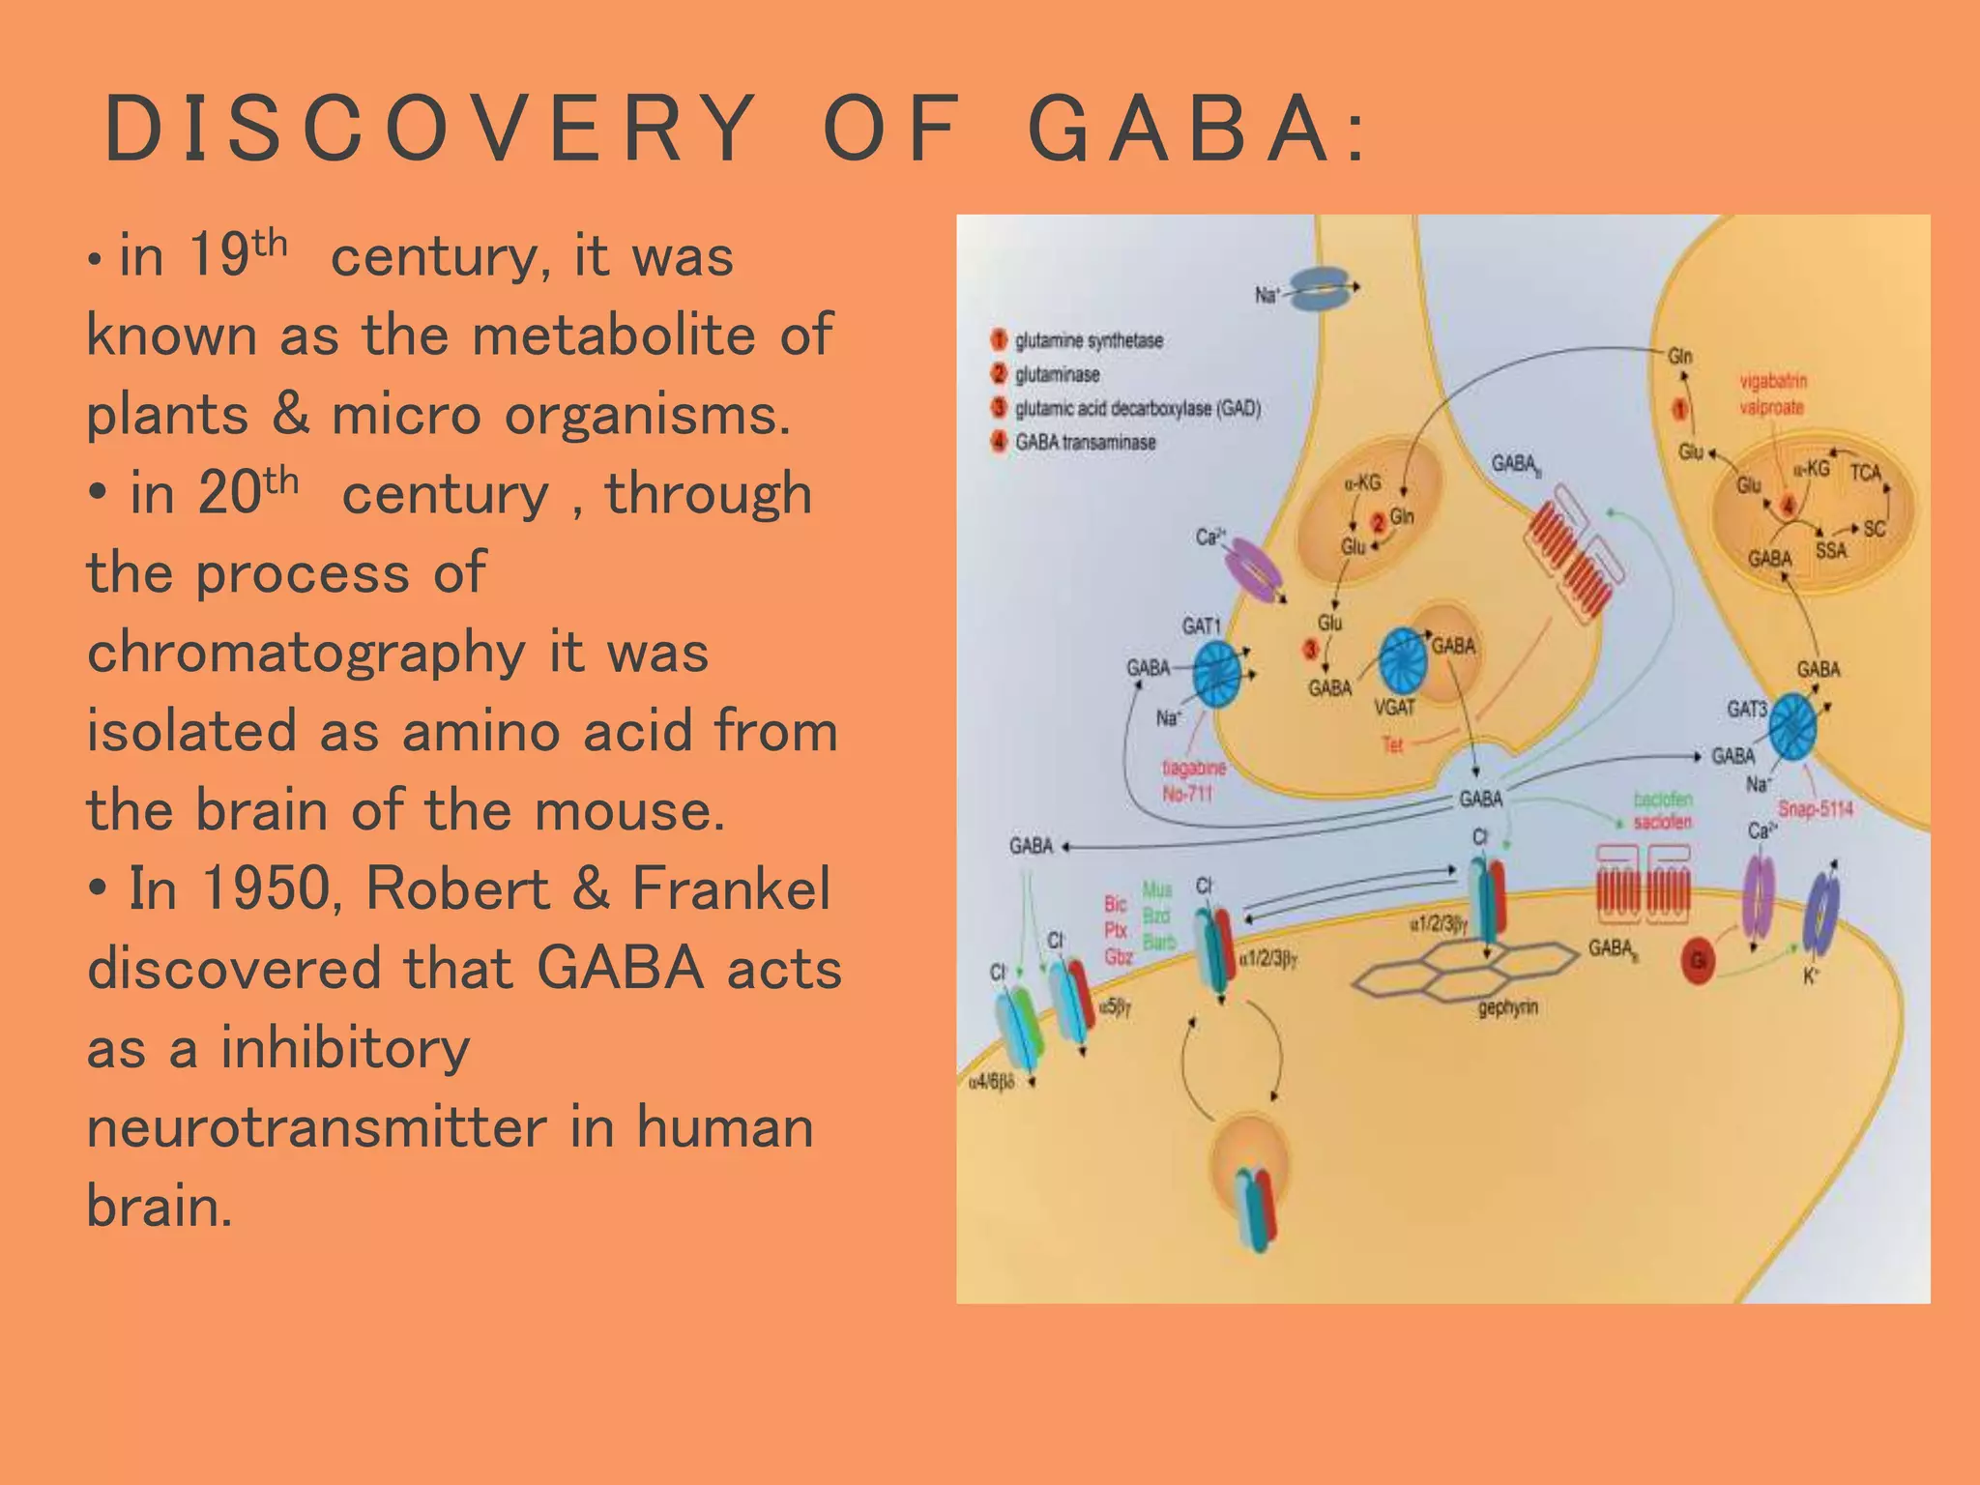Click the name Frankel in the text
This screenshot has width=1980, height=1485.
pyautogui.click(x=731, y=888)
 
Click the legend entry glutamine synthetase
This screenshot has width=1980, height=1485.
pyautogui.click(x=1089, y=340)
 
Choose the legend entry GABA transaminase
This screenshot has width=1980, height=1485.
pyautogui.click(x=1085, y=443)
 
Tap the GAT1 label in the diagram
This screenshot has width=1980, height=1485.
pyautogui.click(x=1202, y=626)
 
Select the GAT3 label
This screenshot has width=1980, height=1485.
pyautogui.click(x=1746, y=710)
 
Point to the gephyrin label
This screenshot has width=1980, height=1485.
pyautogui.click(x=1507, y=1009)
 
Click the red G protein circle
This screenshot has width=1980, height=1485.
pyautogui.click(x=1698, y=960)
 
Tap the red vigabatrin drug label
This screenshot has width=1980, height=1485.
pyautogui.click(x=1773, y=381)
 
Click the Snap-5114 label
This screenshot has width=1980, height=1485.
pyautogui.click(x=1815, y=809)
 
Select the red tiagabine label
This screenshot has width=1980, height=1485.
pyautogui.click(x=1193, y=768)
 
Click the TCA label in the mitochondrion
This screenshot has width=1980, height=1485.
pyautogui.click(x=1865, y=473)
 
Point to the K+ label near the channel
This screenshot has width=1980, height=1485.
pyautogui.click(x=1811, y=977)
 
